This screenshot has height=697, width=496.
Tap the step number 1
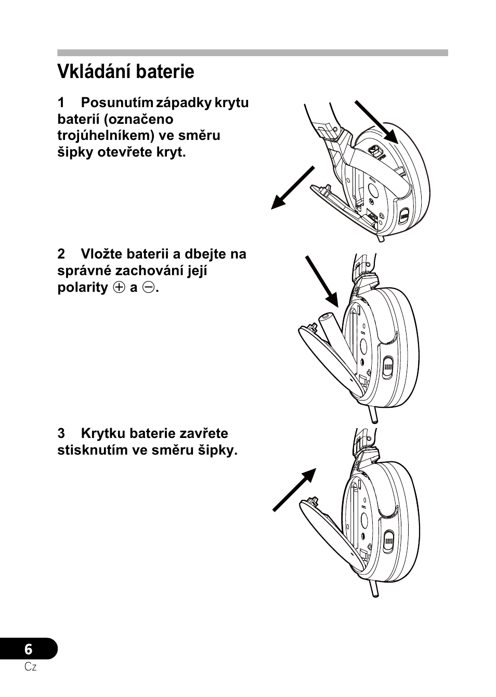[61, 102]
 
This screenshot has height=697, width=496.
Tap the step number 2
[61, 254]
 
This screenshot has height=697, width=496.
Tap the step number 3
[61, 434]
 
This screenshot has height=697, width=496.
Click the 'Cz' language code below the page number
[31, 667]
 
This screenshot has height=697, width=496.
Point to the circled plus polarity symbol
[119, 288]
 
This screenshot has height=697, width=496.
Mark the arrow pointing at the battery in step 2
[322, 281]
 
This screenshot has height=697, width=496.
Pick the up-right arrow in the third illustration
[295, 489]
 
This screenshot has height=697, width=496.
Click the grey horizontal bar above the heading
[252, 53]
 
